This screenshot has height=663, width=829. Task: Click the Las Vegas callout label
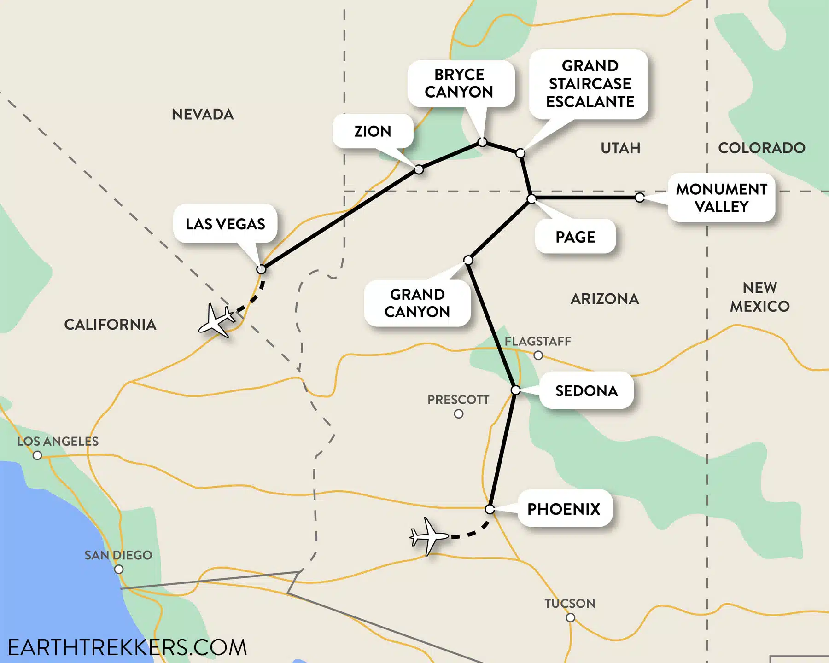(x=225, y=224)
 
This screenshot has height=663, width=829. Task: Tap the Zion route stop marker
(x=419, y=169)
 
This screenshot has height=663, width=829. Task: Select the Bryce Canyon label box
(x=459, y=83)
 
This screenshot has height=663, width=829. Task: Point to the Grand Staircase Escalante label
(x=590, y=84)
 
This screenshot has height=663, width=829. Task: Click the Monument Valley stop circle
(x=639, y=198)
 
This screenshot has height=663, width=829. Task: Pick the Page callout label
(x=575, y=237)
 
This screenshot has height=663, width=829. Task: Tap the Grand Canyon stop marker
(x=468, y=261)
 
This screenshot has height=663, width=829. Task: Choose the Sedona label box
(x=586, y=390)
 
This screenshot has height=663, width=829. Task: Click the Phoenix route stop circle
(x=490, y=509)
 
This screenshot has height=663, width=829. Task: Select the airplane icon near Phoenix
(x=429, y=536)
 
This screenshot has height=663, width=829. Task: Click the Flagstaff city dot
(x=538, y=355)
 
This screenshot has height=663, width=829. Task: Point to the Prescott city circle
(x=459, y=414)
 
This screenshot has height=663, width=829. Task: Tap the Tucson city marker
(x=570, y=618)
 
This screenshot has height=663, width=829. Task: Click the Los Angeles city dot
(x=37, y=455)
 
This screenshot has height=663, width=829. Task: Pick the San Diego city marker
(x=119, y=569)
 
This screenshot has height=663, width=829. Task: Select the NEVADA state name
(x=203, y=114)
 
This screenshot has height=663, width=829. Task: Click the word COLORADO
(x=762, y=148)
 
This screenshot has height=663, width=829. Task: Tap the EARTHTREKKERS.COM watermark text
(x=128, y=647)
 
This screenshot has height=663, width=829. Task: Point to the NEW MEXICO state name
(x=760, y=297)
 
